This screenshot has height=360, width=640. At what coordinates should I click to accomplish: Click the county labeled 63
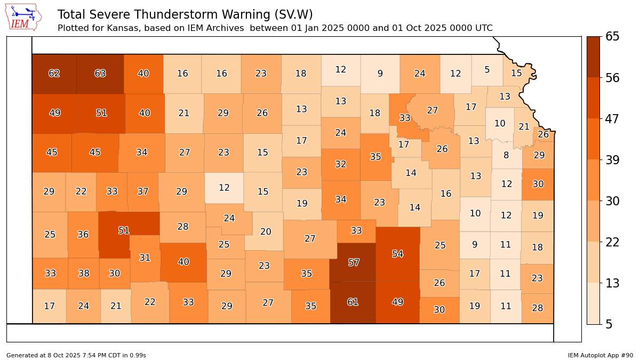[x=100, y=74]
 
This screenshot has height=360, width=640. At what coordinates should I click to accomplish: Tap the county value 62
[x=54, y=74]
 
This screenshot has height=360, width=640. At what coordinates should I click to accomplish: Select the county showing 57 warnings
[x=354, y=262]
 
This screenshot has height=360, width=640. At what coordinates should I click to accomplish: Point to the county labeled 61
[x=353, y=302]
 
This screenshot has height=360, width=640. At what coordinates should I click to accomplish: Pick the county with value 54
[x=397, y=254]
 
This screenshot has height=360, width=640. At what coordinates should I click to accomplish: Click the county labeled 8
[x=506, y=156]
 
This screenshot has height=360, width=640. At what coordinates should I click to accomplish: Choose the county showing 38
[x=84, y=274]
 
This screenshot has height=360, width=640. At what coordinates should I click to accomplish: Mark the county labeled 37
[x=142, y=191]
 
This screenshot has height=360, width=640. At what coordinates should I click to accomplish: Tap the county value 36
[x=83, y=234]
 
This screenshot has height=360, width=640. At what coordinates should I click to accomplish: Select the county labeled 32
[x=341, y=164]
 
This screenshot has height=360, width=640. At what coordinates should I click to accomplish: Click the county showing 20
[x=266, y=231]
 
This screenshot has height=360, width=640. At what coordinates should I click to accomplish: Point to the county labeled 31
[x=145, y=258]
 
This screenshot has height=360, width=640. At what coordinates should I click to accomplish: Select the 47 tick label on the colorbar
[x=612, y=119]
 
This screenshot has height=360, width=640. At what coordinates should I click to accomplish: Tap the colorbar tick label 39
[x=612, y=160]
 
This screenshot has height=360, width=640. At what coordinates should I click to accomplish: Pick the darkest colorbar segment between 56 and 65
[x=593, y=57]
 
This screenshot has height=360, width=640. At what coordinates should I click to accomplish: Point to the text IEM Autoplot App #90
[x=600, y=355]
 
